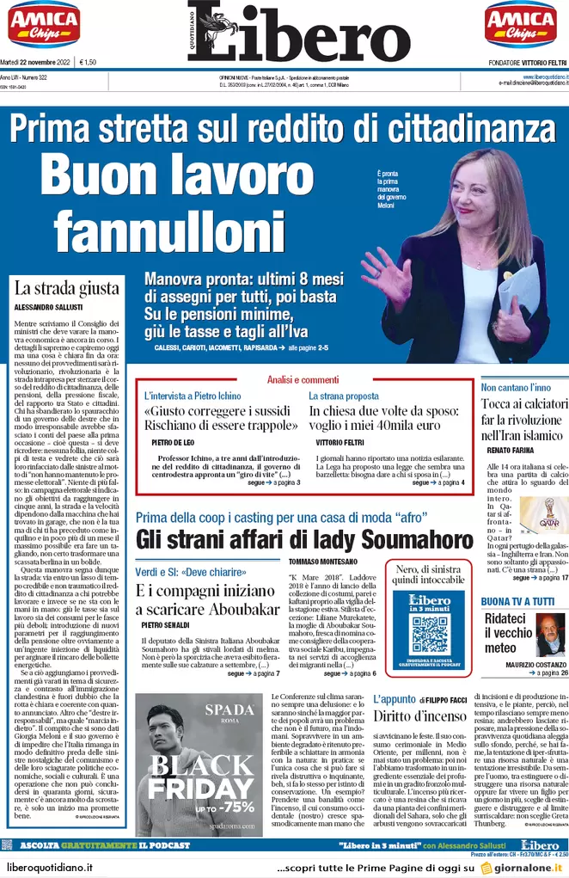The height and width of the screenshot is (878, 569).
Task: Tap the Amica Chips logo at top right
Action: [519, 24]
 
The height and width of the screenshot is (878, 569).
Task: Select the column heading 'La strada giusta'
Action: [65, 289]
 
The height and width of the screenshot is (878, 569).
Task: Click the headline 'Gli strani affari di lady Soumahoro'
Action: [304, 540]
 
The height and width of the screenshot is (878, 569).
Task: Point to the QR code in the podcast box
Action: [430, 636]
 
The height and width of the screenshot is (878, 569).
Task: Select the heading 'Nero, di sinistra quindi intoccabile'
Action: [429, 574]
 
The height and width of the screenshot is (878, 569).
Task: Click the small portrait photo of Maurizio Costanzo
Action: [549, 635]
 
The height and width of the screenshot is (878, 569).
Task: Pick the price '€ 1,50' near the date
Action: [88, 62]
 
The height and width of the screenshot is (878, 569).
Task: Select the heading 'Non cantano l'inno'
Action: [516, 387]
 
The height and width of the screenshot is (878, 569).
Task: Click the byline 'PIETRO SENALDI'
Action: [165, 623]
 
